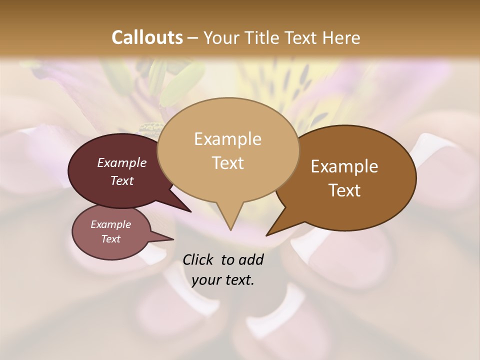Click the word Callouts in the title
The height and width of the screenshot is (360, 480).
point(147,37)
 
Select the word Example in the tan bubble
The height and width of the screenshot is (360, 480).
point(227,139)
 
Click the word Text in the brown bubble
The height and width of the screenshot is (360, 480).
point(344,190)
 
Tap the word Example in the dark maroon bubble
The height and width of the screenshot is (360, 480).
point(122,162)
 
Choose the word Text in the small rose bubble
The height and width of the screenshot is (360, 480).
point(111,239)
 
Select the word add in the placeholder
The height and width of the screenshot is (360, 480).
point(251,259)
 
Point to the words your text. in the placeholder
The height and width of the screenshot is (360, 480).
point(223,280)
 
